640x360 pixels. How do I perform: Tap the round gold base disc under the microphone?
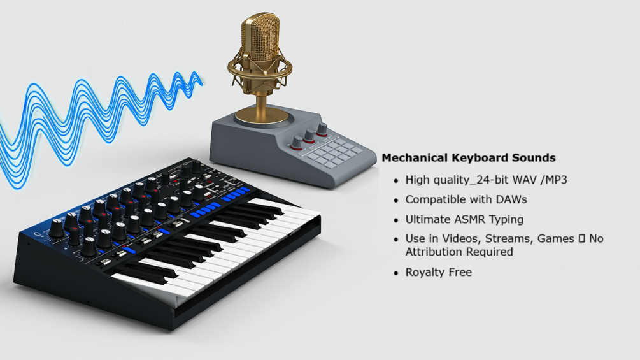click(x=262, y=116)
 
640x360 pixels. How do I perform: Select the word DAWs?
click(x=509, y=200)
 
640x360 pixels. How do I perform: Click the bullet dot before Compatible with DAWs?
click(x=396, y=200)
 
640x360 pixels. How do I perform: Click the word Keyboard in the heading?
click(x=477, y=158)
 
